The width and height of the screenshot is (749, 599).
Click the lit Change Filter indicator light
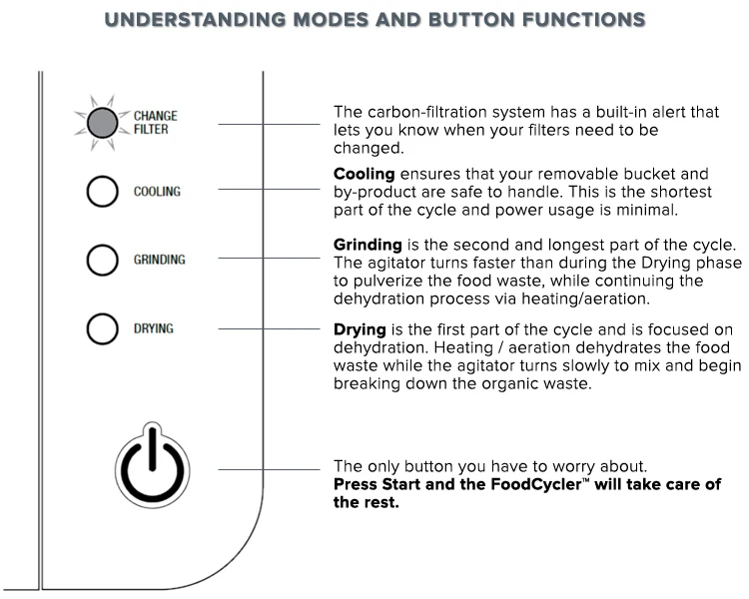tap(101, 123)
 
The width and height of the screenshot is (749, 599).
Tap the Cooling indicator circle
tap(103, 191)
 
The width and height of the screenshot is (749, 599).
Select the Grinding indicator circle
tap(103, 260)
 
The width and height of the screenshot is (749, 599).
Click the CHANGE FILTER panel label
tap(156, 123)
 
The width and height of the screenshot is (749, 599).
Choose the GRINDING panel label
tap(160, 260)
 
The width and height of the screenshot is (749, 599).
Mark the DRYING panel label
tap(155, 327)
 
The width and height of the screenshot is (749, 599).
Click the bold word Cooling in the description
tap(365, 174)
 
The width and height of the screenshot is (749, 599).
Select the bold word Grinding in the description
tap(368, 245)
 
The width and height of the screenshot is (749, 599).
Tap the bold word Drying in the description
tap(359, 329)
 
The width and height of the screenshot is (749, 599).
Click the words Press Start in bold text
tap(374, 485)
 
